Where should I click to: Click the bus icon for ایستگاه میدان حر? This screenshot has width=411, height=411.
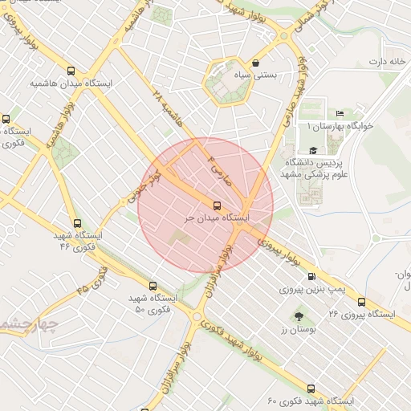point(218,205)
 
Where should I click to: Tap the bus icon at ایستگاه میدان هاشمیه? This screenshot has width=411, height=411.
point(72,70)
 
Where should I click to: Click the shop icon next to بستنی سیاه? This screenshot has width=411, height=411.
point(255,63)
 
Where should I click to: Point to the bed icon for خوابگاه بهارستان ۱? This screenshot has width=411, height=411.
point(340,113)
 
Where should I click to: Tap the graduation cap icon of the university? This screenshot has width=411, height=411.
point(313,150)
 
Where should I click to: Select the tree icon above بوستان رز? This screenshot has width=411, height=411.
point(299,316)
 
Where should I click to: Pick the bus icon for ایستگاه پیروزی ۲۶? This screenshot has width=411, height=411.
point(361,303)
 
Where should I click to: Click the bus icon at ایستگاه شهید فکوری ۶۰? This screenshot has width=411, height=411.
point(311,389)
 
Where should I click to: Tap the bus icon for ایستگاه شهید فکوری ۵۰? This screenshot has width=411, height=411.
point(153,285)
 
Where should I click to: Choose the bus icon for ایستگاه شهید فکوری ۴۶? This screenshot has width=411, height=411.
point(77,224)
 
